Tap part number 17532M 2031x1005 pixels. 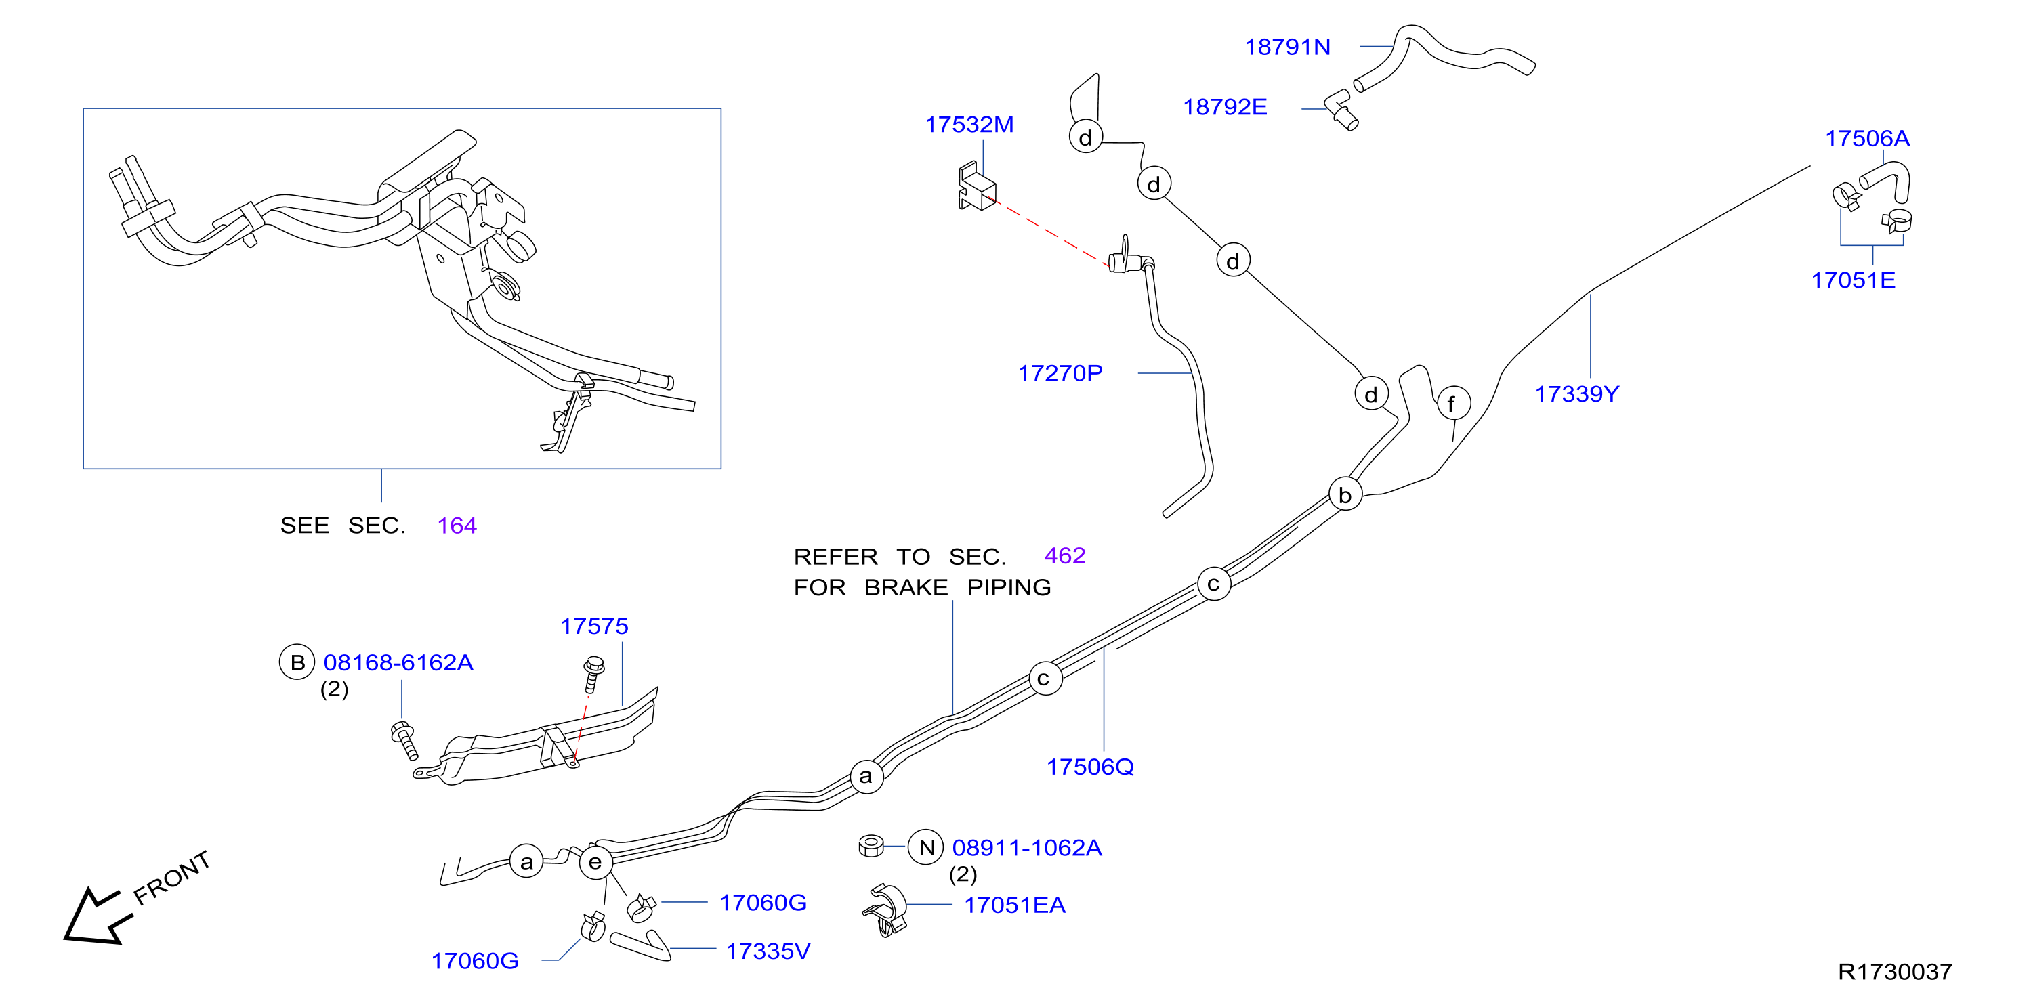click(x=969, y=125)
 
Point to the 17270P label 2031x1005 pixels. click(x=1060, y=373)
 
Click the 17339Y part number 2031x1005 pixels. click(x=1577, y=393)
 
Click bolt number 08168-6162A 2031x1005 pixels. click(x=398, y=662)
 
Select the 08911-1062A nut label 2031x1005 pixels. click(x=1026, y=847)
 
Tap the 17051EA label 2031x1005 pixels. click(x=1015, y=905)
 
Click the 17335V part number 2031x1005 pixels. click(x=768, y=951)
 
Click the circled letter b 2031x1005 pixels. click(x=1345, y=494)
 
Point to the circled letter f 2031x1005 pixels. click(x=1453, y=404)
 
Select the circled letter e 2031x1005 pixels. click(x=595, y=861)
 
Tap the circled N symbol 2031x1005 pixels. click(x=925, y=847)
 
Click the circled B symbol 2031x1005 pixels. click(x=297, y=662)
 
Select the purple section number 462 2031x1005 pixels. click(x=1064, y=556)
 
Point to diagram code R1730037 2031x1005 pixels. click(x=1895, y=972)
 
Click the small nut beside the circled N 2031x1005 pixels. click(x=871, y=846)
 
